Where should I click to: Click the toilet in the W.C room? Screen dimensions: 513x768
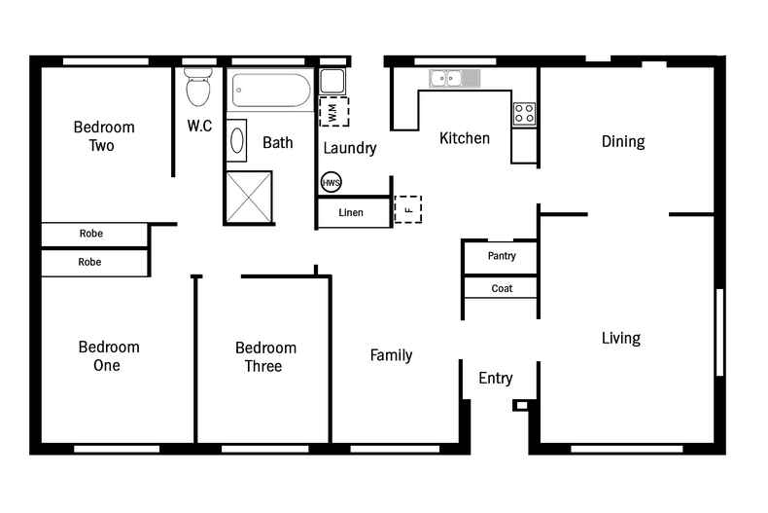(198, 88)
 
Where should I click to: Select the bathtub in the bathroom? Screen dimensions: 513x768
(271, 92)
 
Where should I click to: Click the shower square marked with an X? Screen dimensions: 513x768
(249, 198)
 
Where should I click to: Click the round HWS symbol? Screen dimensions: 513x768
(332, 182)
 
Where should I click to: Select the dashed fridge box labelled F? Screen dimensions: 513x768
(408, 208)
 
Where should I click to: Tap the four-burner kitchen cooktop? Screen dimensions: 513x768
(524, 113)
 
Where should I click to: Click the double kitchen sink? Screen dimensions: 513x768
(448, 78)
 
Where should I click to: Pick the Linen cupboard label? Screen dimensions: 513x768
(351, 212)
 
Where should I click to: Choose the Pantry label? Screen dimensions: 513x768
(502, 256)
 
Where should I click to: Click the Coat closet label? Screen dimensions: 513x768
(502, 288)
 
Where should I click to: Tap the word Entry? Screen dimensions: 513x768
(496, 379)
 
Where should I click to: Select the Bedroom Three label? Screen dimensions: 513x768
(265, 356)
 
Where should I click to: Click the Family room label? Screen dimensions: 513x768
(391, 355)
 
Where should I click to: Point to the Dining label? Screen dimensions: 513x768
(622, 141)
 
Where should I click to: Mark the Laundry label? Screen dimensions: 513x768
(350, 148)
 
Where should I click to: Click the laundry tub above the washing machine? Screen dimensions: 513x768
(332, 81)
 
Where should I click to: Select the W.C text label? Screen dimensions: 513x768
(200, 127)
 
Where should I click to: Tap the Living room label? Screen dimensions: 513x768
(620, 338)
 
